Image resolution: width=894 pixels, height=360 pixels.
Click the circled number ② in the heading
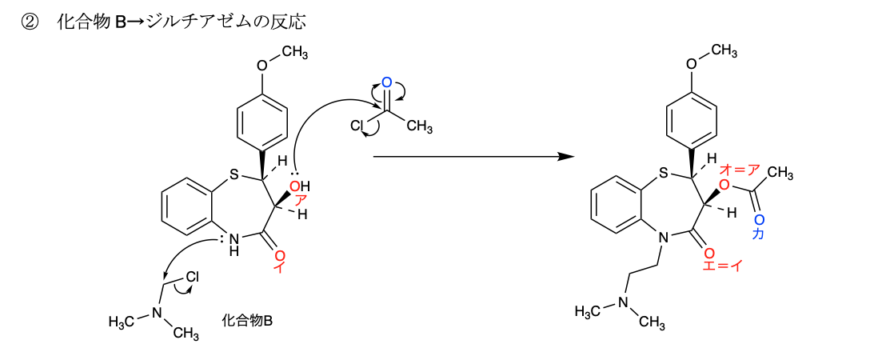click(29, 23)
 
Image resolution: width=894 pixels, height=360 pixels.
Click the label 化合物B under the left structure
click(247, 322)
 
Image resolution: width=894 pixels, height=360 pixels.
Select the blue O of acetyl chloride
click(386, 83)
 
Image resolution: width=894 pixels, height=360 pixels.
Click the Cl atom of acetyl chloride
click(357, 126)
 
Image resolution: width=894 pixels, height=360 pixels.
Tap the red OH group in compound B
click(300, 186)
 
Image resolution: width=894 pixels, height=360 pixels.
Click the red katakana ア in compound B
click(301, 201)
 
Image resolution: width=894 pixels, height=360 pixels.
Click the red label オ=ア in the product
click(740, 170)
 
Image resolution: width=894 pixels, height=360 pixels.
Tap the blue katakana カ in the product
click(759, 234)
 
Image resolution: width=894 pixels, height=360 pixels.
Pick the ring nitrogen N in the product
click(661, 236)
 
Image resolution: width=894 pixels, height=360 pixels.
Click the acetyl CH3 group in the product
click(780, 174)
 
